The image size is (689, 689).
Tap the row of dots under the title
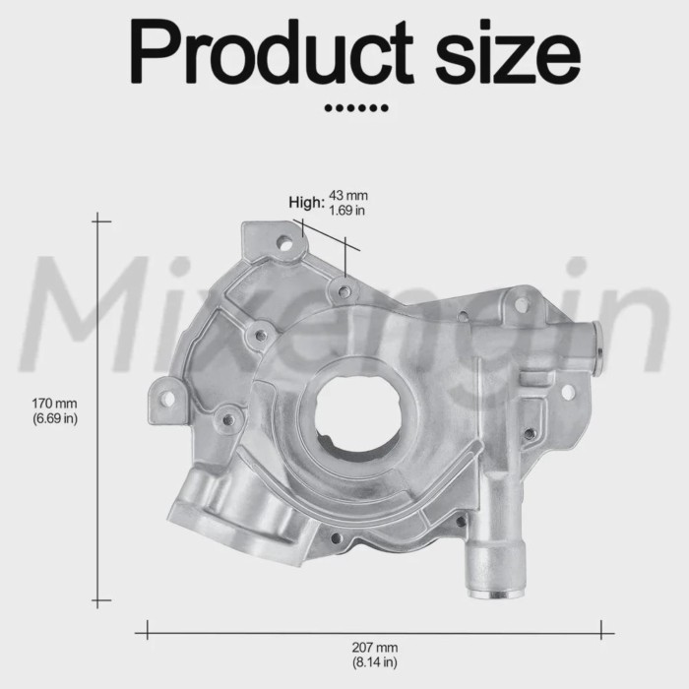pyautogui.click(x=355, y=106)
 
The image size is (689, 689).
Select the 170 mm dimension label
pyautogui.click(x=54, y=404)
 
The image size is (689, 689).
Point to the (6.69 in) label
pyautogui.click(x=54, y=418)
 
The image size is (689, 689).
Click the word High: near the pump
pyautogui.click(x=306, y=202)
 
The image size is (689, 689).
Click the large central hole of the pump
pyautogui.click(x=352, y=413)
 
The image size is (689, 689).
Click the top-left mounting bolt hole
pyautogui.click(x=283, y=241)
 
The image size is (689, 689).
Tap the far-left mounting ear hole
pyautogui.click(x=167, y=398)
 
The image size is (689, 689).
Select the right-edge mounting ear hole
pyautogui.click(x=568, y=392)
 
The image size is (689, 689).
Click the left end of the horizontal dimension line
pyautogui.click(x=148, y=627)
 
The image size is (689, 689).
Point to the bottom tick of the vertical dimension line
pyautogui.click(x=100, y=599)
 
